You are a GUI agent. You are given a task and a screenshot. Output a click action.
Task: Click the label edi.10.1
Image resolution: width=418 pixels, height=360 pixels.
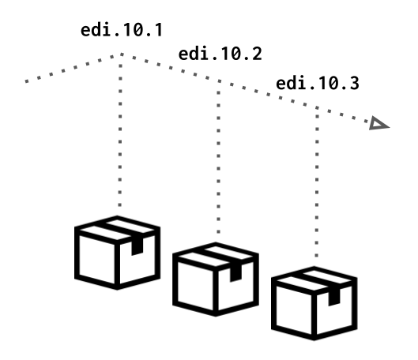(x=122, y=30)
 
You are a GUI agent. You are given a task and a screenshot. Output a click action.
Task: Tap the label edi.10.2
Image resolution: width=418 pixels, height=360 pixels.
(x=220, y=54)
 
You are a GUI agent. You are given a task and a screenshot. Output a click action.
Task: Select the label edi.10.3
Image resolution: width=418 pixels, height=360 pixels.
(x=318, y=83)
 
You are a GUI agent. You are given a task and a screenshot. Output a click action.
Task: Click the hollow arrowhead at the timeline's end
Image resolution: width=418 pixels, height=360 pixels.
(x=378, y=123)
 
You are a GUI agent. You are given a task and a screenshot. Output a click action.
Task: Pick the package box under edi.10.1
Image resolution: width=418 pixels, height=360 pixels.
(x=117, y=253)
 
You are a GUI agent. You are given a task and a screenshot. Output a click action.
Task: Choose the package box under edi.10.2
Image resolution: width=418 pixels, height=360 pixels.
(x=216, y=279)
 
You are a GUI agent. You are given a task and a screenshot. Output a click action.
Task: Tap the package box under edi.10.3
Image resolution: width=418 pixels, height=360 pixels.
(x=314, y=303)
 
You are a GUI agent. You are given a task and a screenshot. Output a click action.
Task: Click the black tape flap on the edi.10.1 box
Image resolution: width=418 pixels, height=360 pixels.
(x=137, y=246)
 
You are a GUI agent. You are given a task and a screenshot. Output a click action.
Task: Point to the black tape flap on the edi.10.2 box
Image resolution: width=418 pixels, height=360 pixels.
(x=235, y=273)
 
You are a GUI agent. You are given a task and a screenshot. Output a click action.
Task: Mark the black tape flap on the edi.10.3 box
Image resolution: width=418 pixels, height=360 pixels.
(x=334, y=297)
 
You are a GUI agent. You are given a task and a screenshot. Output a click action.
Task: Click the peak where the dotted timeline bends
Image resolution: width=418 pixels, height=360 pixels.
(x=122, y=54)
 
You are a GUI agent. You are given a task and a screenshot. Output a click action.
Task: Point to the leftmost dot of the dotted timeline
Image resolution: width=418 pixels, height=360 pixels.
(x=27, y=81)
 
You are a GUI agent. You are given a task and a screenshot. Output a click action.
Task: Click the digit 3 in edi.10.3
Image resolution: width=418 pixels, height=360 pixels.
(x=354, y=84)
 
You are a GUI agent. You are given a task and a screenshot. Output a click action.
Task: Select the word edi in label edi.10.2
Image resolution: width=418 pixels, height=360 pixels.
(x=191, y=54)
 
